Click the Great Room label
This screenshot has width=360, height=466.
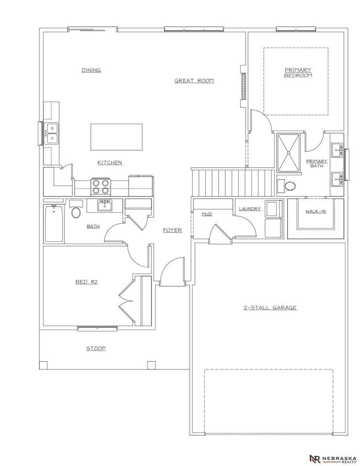pos(194,81)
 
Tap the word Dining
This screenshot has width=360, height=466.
pos(91,70)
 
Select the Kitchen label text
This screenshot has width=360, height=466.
pos(110,163)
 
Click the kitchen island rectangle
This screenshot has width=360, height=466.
pos(116,137)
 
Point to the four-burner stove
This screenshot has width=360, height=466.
pos(101,186)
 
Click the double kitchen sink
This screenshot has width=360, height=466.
pos(52,133)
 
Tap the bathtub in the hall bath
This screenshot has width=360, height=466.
pos(54,223)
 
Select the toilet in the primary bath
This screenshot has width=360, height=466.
pos(287,186)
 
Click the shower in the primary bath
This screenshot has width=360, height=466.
pos(288,153)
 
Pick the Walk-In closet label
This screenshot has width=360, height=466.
pos(315,211)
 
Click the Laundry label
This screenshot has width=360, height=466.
pos(250,209)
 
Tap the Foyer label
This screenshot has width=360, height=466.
pos(172,230)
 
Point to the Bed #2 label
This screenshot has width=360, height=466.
pos(86,282)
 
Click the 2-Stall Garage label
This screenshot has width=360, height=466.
pos(270,308)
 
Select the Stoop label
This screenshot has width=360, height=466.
pos(96,349)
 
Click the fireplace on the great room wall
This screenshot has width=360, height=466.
pos(243,86)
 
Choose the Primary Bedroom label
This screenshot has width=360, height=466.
pos(298,72)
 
